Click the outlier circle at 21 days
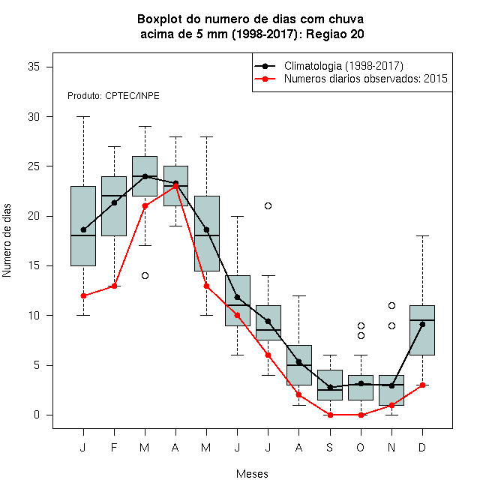coord(268,205)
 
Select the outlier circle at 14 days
coord(145,275)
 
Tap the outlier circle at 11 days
coord(391,305)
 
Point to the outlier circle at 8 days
coord(361,335)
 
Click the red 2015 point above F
coord(114,286)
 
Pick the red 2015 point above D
coord(422,385)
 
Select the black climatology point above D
coord(422,324)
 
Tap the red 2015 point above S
coord(330,415)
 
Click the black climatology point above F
coord(114,202)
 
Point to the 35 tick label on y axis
coord(34,67)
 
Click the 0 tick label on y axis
coord(37,415)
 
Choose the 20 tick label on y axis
coord(34,216)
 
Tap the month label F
coord(114,447)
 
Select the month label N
coord(391,447)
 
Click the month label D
coord(422,447)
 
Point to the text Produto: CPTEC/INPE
coord(113,96)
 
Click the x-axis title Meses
coord(252,474)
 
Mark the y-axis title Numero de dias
coord(7,241)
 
